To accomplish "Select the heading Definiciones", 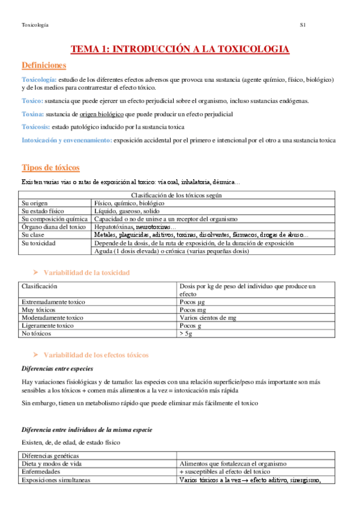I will [44, 65].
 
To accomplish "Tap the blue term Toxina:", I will [32, 114].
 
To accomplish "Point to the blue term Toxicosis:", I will [35, 127].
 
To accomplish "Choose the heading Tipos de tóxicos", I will [50, 167].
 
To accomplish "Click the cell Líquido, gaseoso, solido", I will [127, 211].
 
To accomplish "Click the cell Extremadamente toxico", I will [53, 301].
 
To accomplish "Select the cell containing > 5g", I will [186, 333].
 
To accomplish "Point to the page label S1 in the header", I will [304, 25].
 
